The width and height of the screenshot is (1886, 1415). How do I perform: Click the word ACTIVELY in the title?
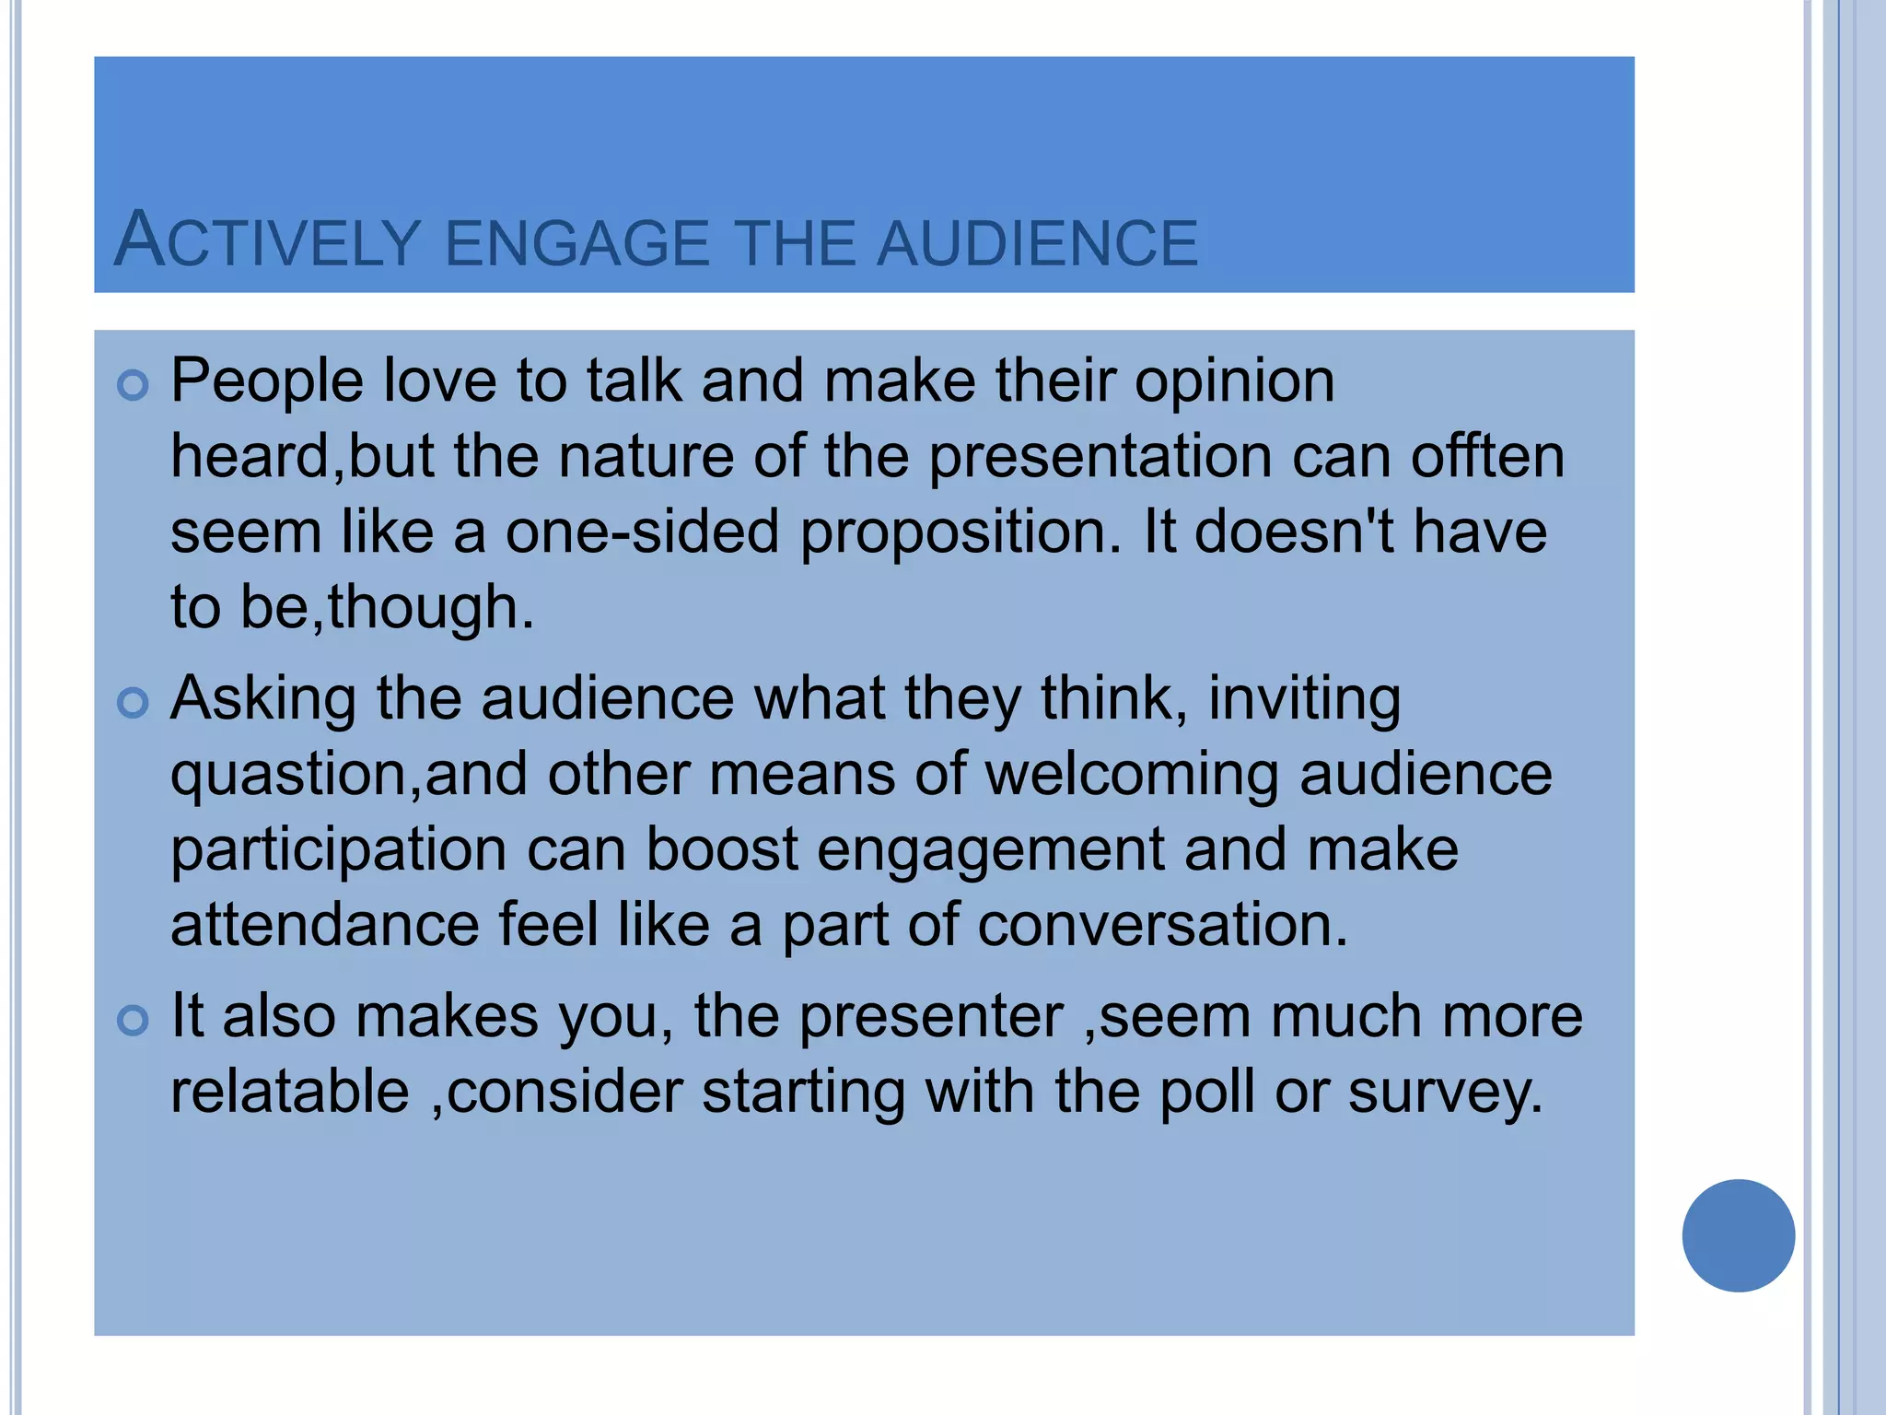pyautogui.click(x=267, y=241)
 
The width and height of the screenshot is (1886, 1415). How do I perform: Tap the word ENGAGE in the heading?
pyautogui.click(x=576, y=243)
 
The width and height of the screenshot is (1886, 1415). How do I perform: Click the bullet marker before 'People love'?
pyautogui.click(x=134, y=385)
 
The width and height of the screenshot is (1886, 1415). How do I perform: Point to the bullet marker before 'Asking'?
pyautogui.click(x=134, y=703)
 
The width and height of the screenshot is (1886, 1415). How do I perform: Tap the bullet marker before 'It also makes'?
pyautogui.click(x=134, y=1021)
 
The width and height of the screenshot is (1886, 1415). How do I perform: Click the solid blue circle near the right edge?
pyautogui.click(x=1738, y=1235)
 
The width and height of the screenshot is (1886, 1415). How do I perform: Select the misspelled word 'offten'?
pyautogui.click(x=1487, y=457)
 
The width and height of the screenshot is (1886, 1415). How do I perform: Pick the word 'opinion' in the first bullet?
pyautogui.click(x=1234, y=381)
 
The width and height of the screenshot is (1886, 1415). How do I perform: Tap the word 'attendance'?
pyautogui.click(x=325, y=925)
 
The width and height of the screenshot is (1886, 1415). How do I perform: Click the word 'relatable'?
pyautogui.click(x=290, y=1092)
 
